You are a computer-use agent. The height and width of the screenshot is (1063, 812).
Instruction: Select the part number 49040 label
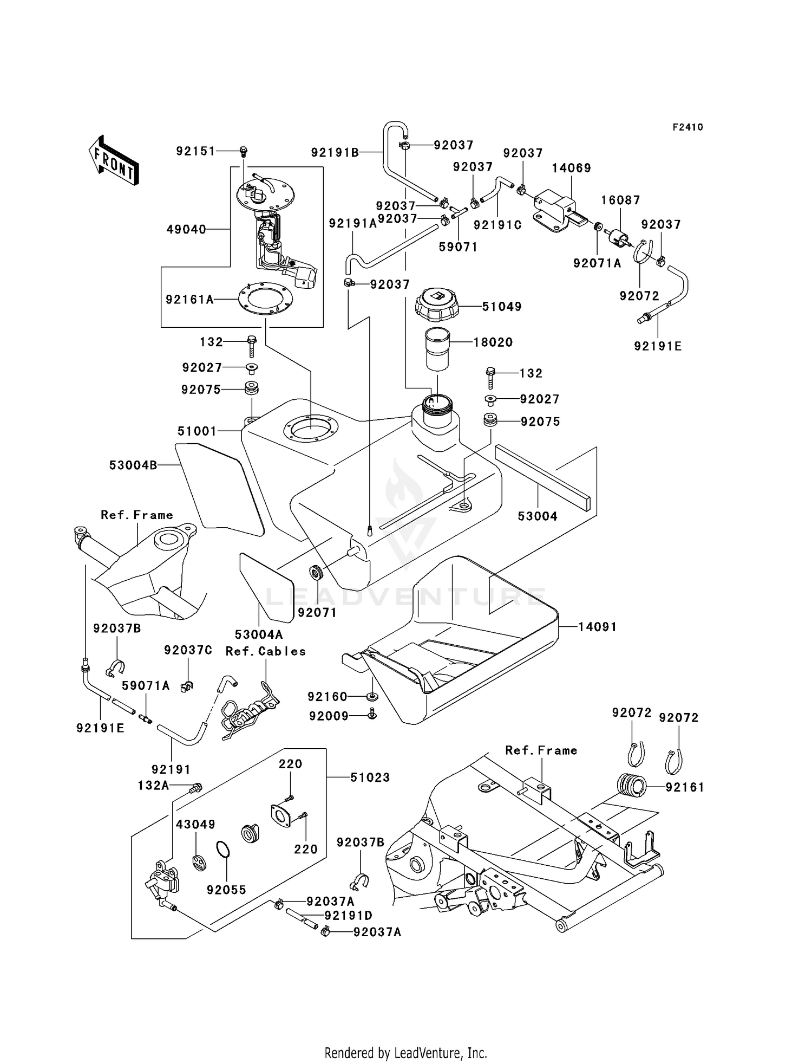(x=186, y=230)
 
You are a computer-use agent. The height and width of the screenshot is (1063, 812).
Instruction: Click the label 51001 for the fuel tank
(x=197, y=431)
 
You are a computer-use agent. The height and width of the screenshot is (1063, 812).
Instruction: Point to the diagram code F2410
(x=687, y=127)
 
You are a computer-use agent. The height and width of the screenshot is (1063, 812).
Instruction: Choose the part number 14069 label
(x=571, y=168)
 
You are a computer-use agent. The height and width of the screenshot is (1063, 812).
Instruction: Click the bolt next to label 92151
(x=243, y=151)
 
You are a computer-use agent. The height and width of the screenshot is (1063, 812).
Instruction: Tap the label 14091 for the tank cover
(x=598, y=627)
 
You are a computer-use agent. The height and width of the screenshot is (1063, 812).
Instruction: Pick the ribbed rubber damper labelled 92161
(x=632, y=787)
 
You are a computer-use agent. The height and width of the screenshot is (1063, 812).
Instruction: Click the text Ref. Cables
(x=265, y=651)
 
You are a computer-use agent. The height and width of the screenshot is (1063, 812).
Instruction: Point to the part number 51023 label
(x=370, y=777)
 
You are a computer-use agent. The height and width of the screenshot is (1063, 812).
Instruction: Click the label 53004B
(x=133, y=465)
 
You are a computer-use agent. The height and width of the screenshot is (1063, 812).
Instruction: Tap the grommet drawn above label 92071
(x=316, y=573)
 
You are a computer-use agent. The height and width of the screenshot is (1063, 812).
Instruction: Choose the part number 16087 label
(x=620, y=200)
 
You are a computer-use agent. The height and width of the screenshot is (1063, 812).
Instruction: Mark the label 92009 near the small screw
(x=329, y=716)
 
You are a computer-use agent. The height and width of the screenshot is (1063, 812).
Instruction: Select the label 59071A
(x=146, y=686)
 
